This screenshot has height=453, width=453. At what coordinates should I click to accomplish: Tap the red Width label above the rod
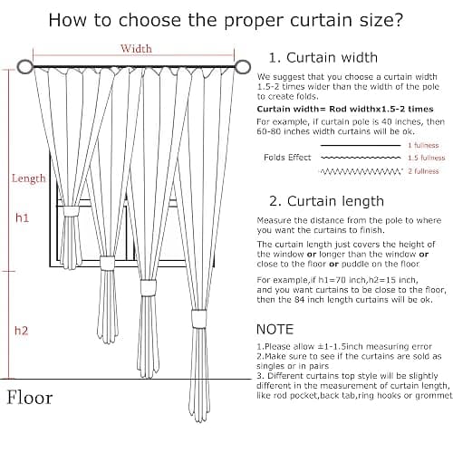point(136,48)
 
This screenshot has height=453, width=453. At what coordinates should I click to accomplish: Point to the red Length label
point(29,178)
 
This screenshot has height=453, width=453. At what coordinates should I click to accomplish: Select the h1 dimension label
point(22,217)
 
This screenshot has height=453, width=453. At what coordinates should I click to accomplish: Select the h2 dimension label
point(22,331)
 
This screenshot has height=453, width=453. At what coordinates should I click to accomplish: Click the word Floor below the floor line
point(30,398)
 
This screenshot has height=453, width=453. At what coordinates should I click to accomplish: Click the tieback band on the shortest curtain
point(71,211)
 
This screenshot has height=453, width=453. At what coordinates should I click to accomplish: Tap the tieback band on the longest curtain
point(199,318)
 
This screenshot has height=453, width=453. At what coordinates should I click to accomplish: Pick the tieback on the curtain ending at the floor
point(148,288)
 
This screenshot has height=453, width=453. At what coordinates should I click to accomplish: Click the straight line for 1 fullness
point(361,146)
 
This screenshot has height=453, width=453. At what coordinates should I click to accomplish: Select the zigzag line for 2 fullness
point(361,171)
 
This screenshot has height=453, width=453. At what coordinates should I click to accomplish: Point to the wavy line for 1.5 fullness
point(361,158)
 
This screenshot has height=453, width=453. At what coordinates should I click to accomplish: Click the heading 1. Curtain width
point(323,57)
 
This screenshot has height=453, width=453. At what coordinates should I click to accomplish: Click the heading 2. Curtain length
point(326,201)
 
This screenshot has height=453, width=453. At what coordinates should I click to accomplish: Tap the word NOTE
point(275,329)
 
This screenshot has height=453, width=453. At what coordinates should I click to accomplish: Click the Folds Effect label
point(287,158)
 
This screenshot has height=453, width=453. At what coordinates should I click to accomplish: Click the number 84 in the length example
point(300,300)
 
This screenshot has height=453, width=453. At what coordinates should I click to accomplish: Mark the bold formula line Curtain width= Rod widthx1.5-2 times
point(345,109)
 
